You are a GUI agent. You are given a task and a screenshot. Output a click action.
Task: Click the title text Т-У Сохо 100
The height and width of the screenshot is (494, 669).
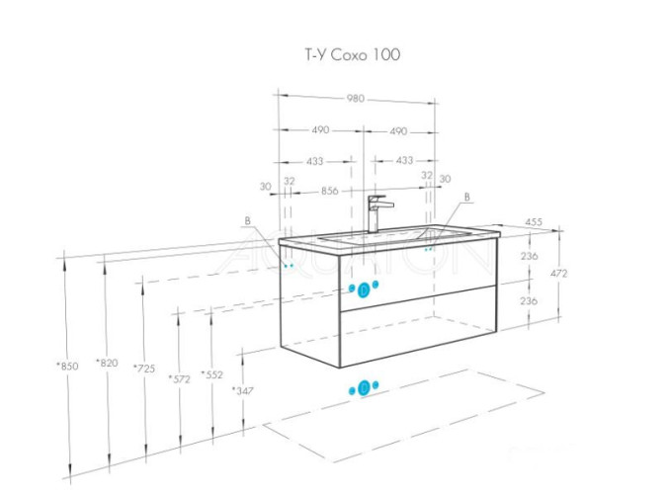tap(352, 55)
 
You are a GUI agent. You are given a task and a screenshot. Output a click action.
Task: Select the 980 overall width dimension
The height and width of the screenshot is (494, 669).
tap(355, 98)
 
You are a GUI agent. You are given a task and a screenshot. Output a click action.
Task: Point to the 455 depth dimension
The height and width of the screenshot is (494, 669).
tap(533, 222)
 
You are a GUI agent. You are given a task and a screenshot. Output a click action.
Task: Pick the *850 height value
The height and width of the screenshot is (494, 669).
tap(66, 366)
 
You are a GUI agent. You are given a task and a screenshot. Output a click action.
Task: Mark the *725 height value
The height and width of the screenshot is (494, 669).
tap(143, 368)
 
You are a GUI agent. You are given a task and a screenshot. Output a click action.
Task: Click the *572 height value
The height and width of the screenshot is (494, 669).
tap(179, 377)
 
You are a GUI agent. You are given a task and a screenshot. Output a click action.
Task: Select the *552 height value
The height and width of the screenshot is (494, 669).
tap(211, 374)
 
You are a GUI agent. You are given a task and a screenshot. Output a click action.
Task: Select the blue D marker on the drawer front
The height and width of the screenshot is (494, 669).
tap(363, 289)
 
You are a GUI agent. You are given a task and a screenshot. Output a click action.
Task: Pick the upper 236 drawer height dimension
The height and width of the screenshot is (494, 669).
tap(529, 255)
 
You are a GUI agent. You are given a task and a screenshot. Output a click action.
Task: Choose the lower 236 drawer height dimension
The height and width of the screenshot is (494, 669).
tap(529, 300)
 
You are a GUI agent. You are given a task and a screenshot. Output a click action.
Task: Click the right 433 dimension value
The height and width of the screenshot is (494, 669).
tap(405, 160)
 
